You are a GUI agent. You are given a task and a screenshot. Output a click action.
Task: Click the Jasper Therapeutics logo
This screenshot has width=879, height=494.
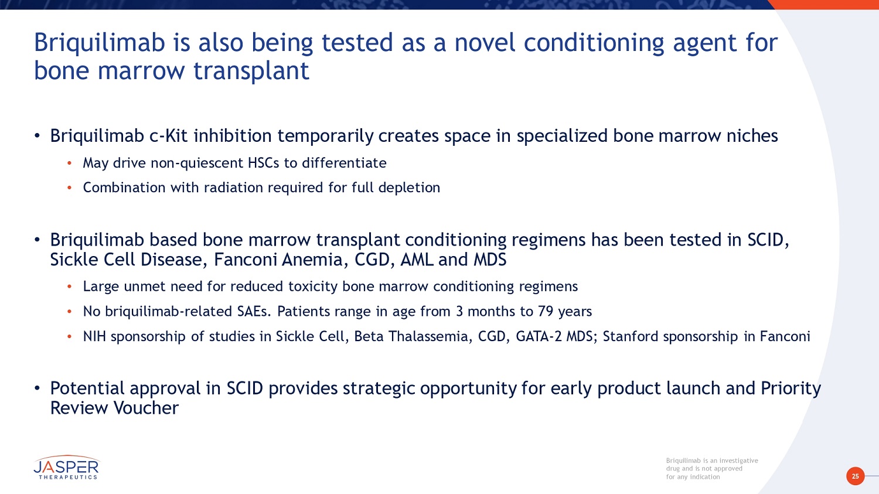(x=66, y=467)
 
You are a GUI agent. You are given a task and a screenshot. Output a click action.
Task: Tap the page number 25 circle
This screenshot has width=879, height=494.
(x=855, y=476)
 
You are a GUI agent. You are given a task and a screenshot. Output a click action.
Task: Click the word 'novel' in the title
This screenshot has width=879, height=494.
(x=485, y=42)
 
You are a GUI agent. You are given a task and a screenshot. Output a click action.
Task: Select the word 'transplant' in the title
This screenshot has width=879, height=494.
(x=251, y=71)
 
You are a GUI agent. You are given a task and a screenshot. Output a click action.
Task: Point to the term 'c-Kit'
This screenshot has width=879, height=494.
(x=168, y=136)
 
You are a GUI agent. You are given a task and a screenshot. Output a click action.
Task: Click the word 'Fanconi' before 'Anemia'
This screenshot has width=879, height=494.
(x=244, y=260)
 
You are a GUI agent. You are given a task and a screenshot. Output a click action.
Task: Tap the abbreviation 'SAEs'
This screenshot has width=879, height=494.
(x=254, y=312)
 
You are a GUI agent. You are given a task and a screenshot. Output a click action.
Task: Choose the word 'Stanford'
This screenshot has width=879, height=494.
(x=631, y=336)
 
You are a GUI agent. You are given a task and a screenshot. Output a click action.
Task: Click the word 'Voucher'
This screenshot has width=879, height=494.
(x=146, y=408)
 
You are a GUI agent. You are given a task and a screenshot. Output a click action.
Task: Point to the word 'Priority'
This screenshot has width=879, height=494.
(x=791, y=389)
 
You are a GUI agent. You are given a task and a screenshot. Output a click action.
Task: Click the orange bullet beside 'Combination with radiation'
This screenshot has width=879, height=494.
(x=70, y=188)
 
